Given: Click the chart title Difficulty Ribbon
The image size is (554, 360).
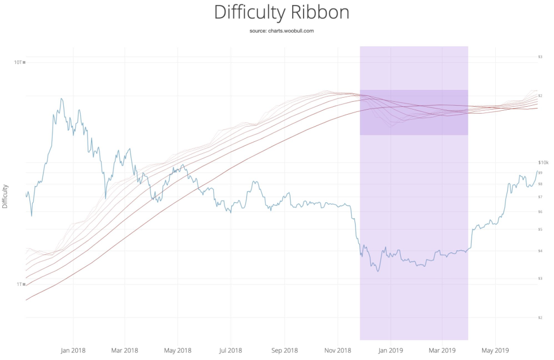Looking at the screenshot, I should tap(281, 12).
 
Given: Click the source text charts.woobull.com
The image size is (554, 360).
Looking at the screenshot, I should tap(281, 31).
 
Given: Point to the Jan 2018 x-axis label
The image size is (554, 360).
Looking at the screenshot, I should tap(72, 350).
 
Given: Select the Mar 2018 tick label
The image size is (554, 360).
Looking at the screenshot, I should tap(124, 350).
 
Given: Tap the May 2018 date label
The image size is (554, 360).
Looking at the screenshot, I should tap(178, 350).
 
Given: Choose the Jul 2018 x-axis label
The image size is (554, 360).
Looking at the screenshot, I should tap(230, 350).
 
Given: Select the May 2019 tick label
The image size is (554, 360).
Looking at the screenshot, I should tap(495, 350).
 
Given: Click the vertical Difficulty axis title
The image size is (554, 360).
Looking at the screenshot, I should tap(6, 196).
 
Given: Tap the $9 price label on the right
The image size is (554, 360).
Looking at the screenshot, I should tap(540, 172).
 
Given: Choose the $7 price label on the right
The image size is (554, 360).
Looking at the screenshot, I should tap(540, 197).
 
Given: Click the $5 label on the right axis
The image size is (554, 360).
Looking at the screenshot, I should tap(540, 229).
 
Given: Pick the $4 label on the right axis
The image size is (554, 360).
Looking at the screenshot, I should tap(540, 251).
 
